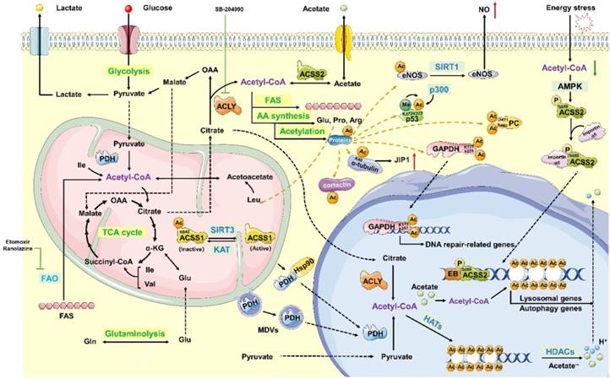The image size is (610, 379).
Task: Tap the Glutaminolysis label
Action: click(135, 334)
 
